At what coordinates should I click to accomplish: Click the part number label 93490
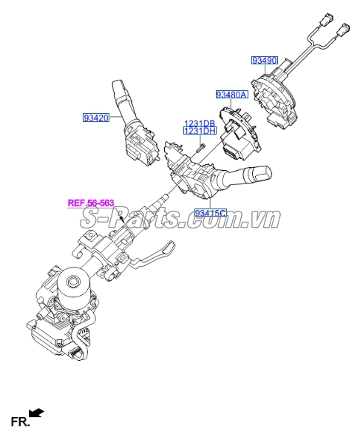pos(264,60)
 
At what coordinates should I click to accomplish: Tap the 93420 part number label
pos(96,118)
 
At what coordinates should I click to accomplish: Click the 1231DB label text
pos(200,123)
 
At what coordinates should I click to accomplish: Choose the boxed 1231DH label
pos(200,131)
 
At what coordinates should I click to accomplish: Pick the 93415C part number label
pos(210,213)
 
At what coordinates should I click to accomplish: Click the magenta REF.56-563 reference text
pos(91,203)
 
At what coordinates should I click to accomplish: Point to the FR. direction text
pos(20,422)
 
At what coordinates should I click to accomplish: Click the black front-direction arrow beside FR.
pos(37,413)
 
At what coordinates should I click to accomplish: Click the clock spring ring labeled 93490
pos(274,101)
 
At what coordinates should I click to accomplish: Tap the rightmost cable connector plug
pos(344,29)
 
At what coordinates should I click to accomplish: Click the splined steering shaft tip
pos(164,198)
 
